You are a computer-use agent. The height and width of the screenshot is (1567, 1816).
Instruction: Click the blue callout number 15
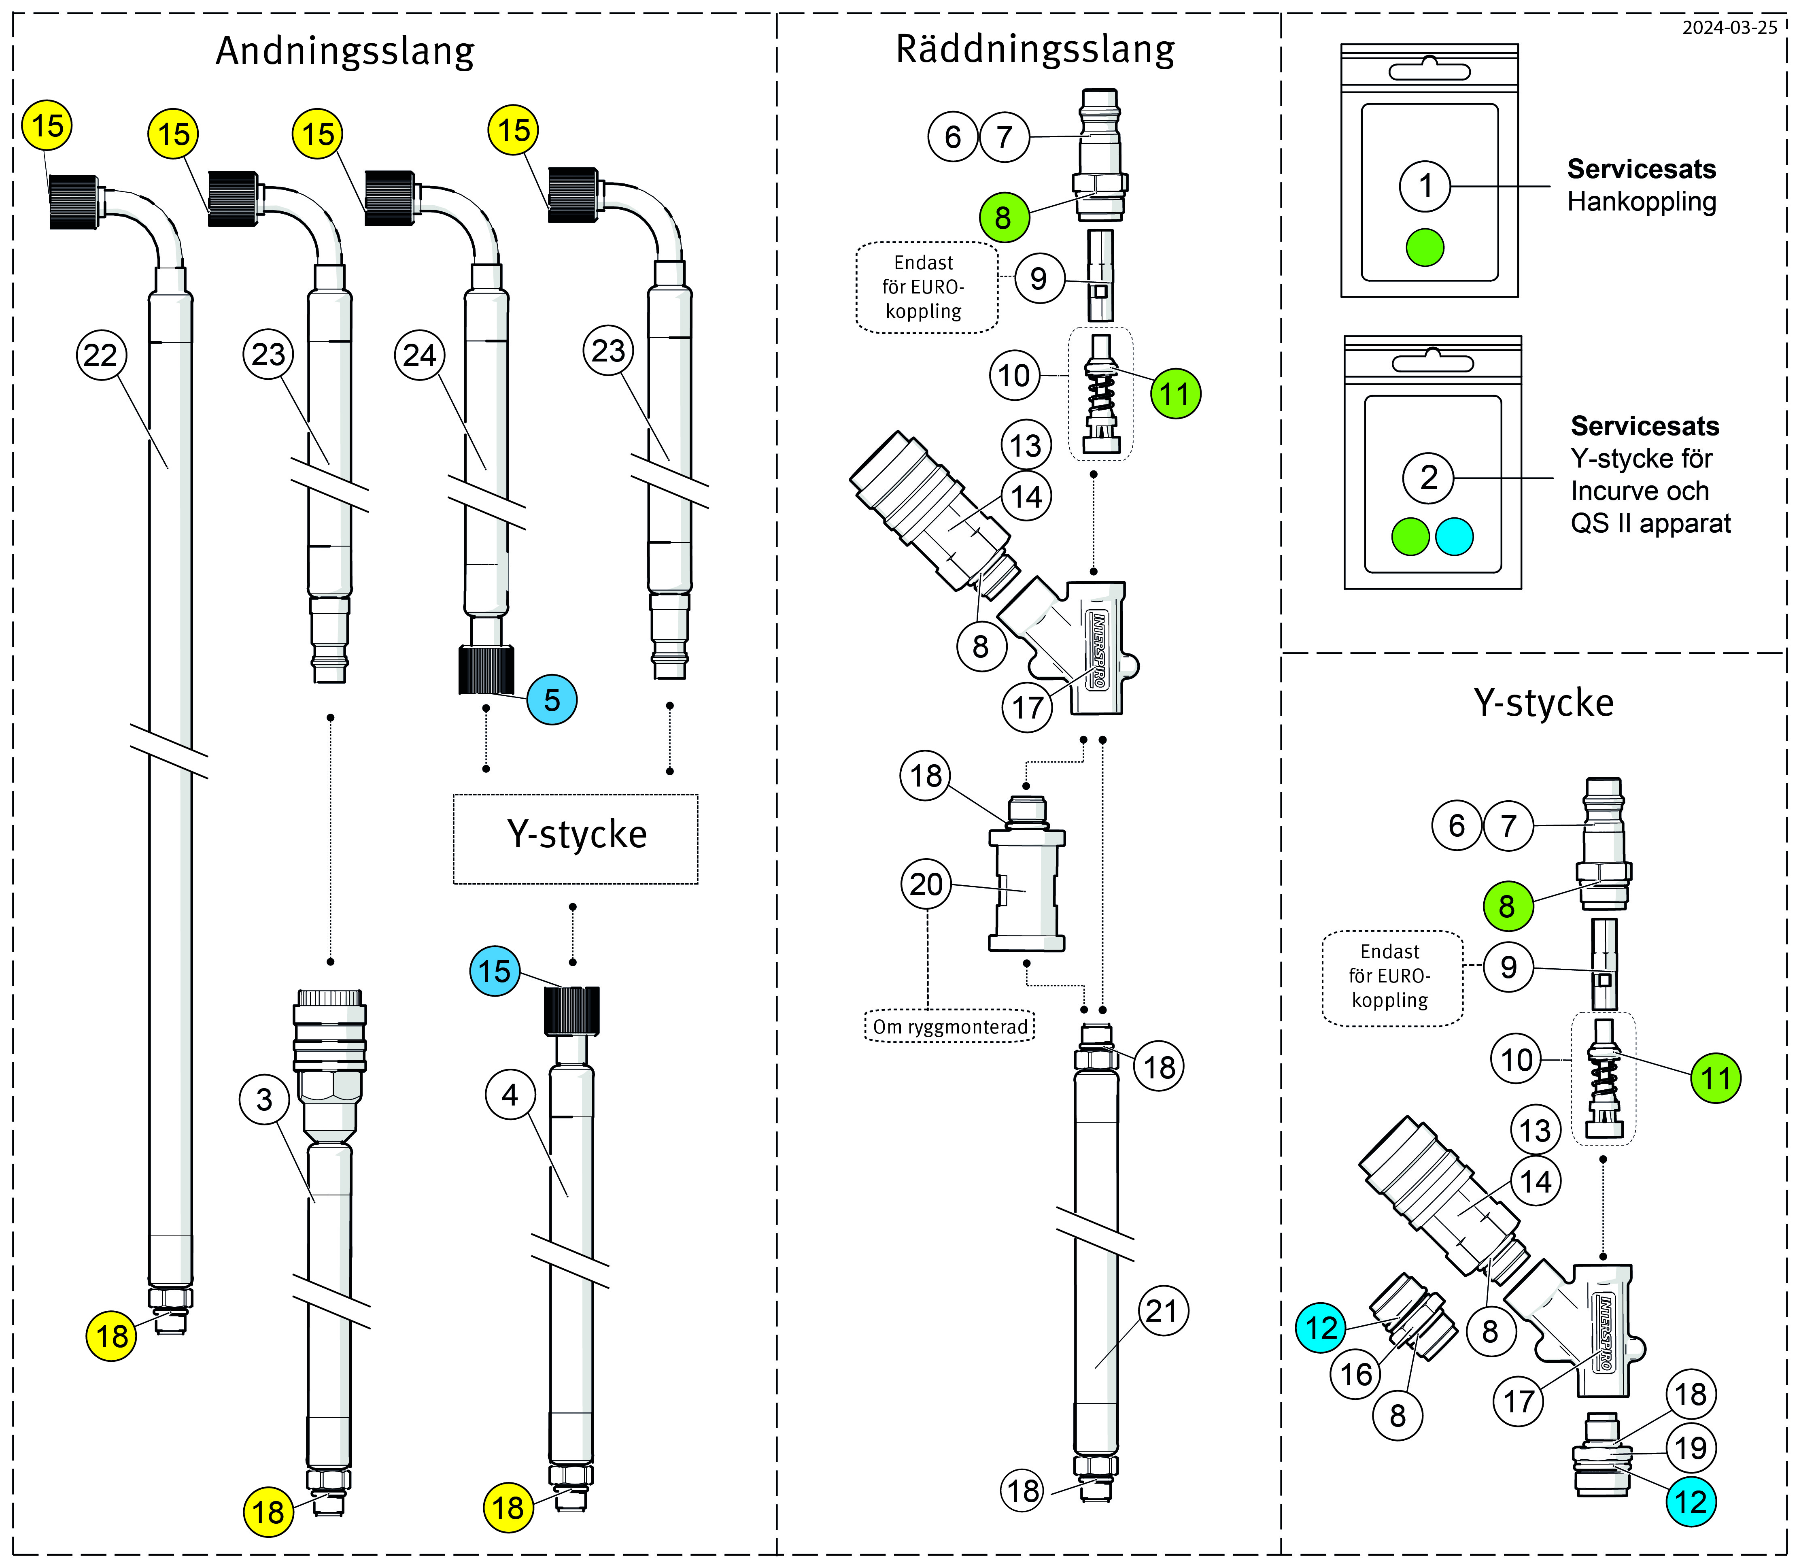[494, 971]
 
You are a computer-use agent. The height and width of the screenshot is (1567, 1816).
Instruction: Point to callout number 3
[264, 1100]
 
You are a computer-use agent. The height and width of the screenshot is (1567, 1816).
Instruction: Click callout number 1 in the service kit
[1425, 186]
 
